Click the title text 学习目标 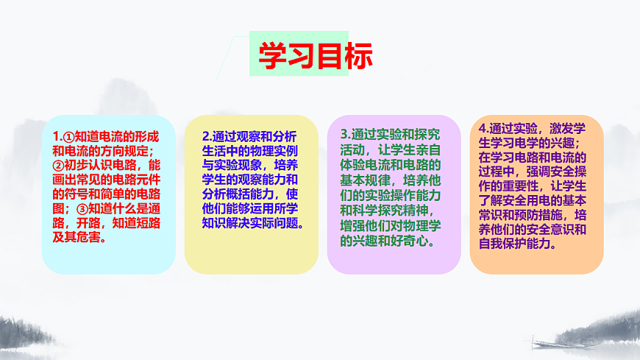pyautogui.click(x=315, y=54)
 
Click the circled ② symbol pyautogui.click(x=57, y=166)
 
